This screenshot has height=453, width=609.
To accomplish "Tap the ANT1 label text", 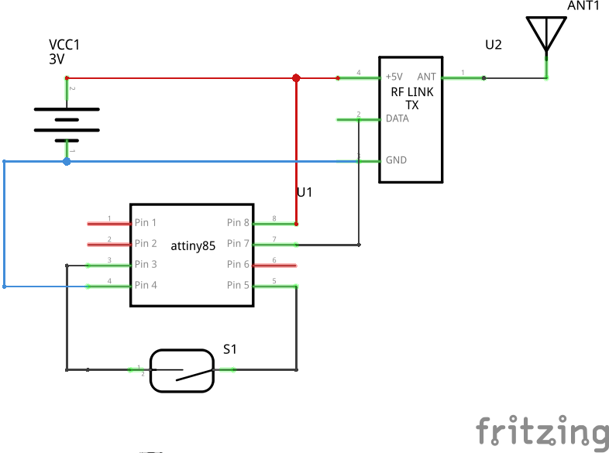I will (x=583, y=5).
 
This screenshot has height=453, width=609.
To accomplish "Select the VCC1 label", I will (x=64, y=46).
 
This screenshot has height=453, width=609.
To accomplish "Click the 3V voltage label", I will (x=57, y=59).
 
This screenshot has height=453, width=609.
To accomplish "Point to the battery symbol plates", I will (x=67, y=120).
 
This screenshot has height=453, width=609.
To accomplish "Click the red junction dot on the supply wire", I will (x=296, y=78).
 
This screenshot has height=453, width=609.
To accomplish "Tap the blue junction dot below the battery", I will (x=67, y=161).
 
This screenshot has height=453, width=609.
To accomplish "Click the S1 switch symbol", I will (x=182, y=370).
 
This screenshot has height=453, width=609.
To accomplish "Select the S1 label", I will (x=229, y=350).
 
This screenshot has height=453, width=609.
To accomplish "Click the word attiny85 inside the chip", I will (x=193, y=245).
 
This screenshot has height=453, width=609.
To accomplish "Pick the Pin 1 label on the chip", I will (x=146, y=223).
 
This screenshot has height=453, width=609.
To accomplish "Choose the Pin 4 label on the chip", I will (x=146, y=285).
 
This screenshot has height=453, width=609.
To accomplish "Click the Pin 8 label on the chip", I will (x=239, y=223).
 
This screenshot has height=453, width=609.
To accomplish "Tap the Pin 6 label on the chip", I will (x=239, y=264).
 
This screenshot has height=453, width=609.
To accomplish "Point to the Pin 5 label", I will (x=239, y=285).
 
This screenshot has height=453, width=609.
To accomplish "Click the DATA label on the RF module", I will (x=397, y=119).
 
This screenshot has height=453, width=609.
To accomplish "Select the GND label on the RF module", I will (x=396, y=160).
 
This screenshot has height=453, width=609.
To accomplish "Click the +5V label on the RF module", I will (x=394, y=77).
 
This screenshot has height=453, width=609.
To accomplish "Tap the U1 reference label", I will (x=304, y=192).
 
